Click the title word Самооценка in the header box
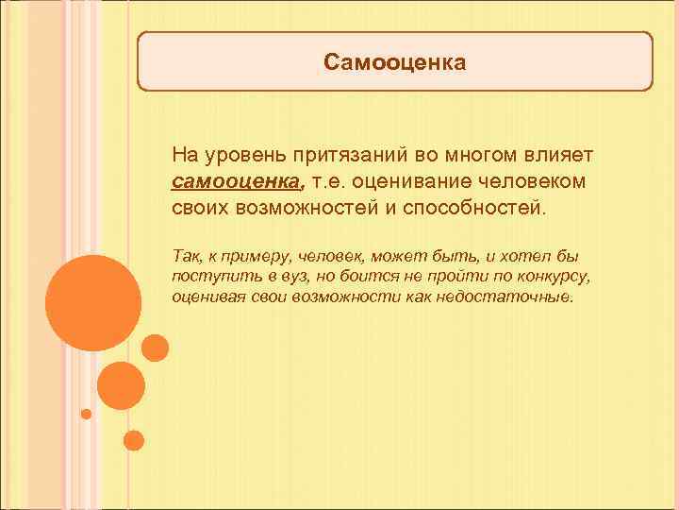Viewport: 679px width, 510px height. (x=394, y=62)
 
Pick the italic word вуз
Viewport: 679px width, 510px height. (x=281, y=276)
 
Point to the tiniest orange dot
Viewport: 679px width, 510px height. (x=87, y=414)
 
